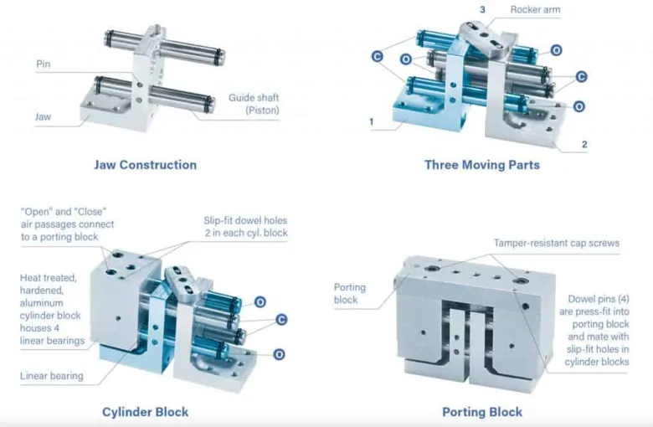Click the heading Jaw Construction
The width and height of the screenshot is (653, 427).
point(146,165)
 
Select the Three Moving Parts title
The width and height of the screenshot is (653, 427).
point(482,165)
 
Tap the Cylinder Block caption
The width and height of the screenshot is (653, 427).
point(146,413)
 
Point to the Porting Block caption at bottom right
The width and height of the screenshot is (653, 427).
point(482,413)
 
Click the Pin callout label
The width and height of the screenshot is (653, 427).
point(44,64)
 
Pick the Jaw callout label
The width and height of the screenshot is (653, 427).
point(43,116)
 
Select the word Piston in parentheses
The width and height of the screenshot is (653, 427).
point(262,111)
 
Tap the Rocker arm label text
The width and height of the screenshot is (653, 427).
point(535,9)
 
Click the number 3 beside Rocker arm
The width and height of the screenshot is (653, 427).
point(482,9)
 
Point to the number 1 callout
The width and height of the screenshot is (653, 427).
point(372,121)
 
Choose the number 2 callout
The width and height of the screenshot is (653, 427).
point(584,145)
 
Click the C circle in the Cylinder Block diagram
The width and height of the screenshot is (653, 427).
point(281,320)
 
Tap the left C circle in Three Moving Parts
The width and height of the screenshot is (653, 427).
point(378,56)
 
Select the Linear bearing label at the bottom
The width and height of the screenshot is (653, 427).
point(52,376)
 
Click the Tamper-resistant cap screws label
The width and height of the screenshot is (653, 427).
point(557,243)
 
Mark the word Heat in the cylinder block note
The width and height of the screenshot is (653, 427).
point(30,278)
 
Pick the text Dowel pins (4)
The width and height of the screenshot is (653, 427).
point(599,299)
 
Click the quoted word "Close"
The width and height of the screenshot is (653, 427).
point(90,212)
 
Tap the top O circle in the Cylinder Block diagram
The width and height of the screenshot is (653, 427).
point(260,302)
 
